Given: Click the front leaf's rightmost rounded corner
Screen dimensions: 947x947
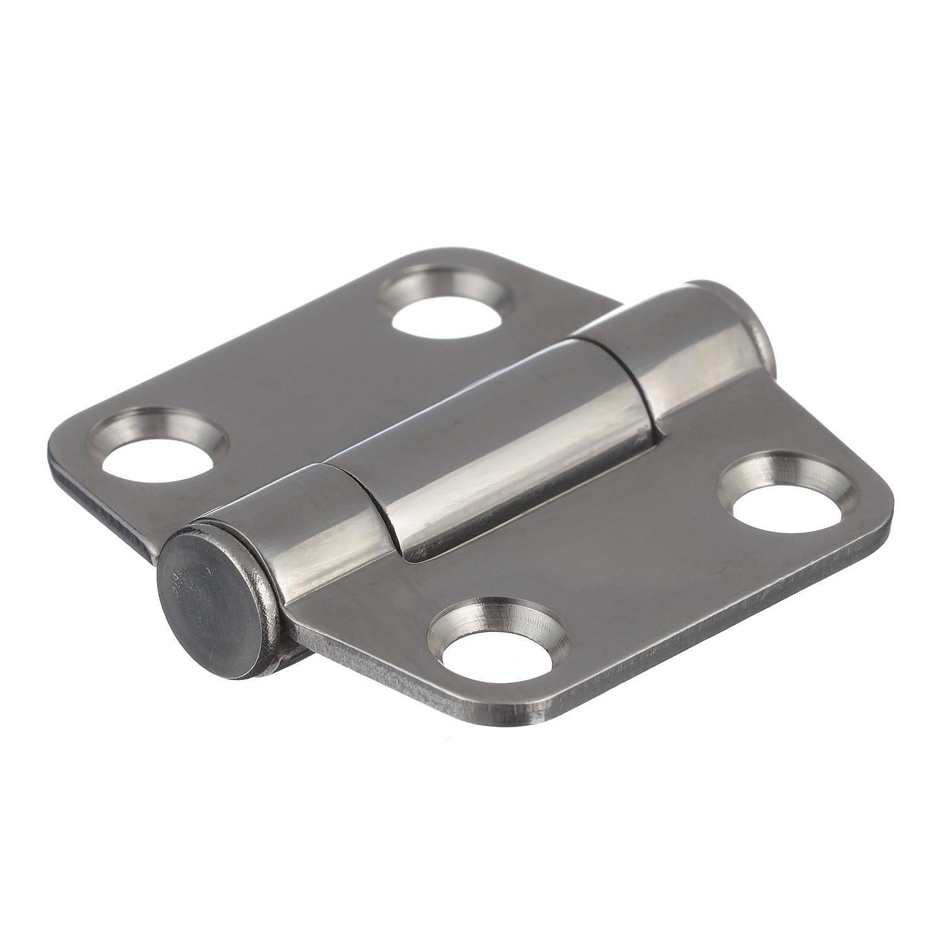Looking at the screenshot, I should (884, 499).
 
